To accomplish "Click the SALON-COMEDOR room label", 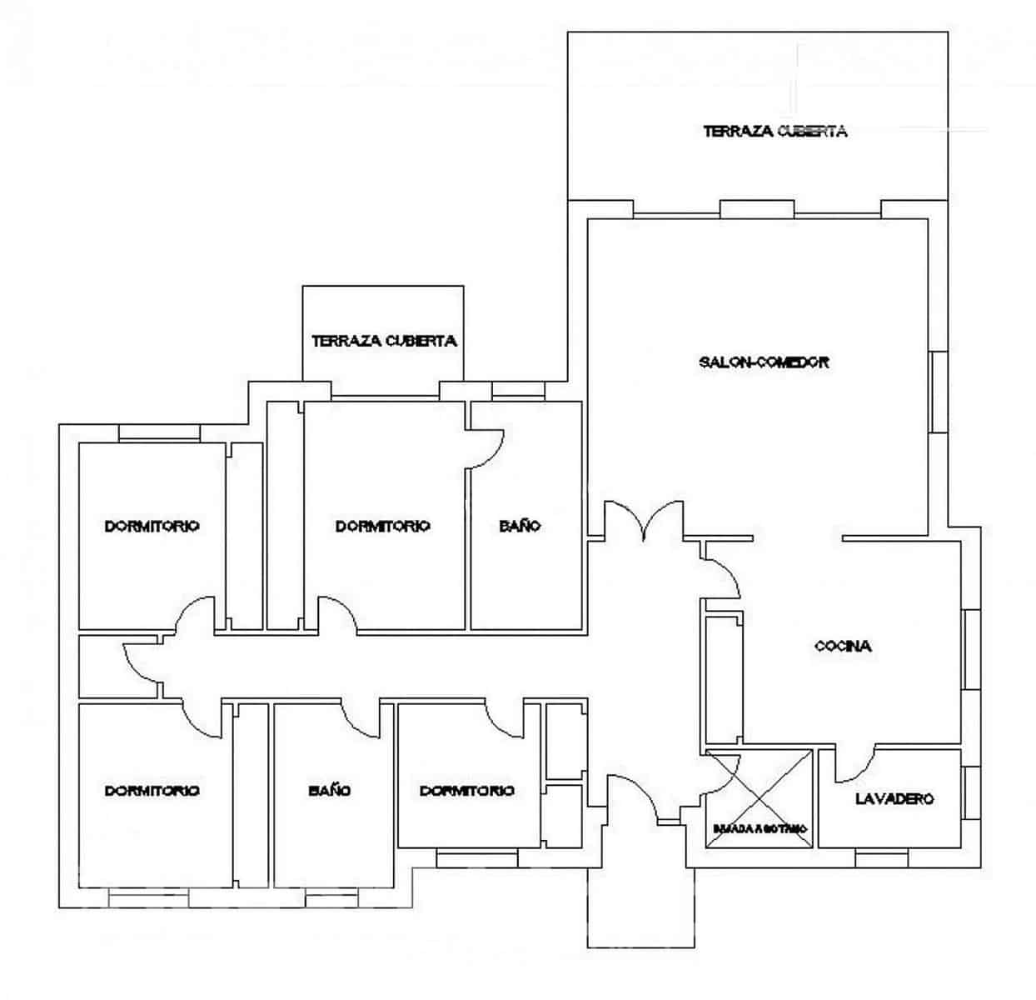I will pos(764,362).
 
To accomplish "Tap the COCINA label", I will pos(843,646).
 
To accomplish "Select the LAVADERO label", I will pos(894,798).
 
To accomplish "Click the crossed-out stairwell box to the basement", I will pos(759,799).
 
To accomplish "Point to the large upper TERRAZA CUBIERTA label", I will pos(775,131).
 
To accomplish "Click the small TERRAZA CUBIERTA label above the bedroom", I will pos(383,341).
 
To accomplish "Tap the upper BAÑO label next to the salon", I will pos(520,526).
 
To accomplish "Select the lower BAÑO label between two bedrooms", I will pos(329,790).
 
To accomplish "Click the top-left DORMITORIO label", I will pos(152,526).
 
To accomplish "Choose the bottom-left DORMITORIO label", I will pos(152,790).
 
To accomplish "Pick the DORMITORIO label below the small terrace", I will pos(382,526).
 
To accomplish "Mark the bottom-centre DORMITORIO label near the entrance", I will pos(466,790).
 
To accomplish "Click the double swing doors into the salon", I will pos(644,521).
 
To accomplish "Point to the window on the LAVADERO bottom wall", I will pos(881,858).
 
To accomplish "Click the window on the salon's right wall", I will pos(939,392).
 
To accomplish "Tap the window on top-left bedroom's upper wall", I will pos(159,432).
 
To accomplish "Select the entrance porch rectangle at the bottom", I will pos(640,907).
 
